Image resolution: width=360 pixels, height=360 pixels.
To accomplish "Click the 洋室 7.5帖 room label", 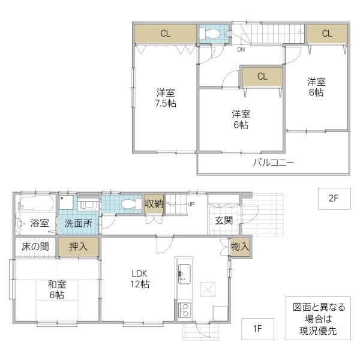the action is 166,98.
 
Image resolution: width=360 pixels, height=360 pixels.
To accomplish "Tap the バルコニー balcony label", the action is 273,163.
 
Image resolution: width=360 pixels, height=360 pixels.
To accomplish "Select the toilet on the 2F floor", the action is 209,34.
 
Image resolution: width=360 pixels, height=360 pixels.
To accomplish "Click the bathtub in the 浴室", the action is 37,203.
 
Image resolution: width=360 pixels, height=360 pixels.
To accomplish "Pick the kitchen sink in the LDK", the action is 184,274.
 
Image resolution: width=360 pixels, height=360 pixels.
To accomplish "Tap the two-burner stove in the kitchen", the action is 184,310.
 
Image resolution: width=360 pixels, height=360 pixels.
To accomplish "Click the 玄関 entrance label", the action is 224,220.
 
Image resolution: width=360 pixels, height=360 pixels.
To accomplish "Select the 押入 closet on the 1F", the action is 79,247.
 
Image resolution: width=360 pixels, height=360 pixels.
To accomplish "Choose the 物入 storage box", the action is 240,247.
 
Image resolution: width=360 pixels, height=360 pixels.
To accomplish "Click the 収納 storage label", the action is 154,203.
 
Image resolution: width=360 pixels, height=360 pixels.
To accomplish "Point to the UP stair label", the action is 191,204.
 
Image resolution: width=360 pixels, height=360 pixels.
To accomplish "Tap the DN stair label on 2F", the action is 241,49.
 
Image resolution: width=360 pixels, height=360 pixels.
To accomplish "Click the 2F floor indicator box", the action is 334,199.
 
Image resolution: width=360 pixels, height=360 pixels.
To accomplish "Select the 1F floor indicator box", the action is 257,329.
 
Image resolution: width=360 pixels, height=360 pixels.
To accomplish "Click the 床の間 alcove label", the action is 35,247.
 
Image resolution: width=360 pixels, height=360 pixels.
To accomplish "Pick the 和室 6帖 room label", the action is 57,289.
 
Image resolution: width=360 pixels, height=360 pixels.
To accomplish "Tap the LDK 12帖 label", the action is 140,279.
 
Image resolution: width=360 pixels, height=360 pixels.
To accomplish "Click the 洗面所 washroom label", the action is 78,223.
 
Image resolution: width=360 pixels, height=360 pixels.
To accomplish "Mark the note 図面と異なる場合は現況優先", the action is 318,318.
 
